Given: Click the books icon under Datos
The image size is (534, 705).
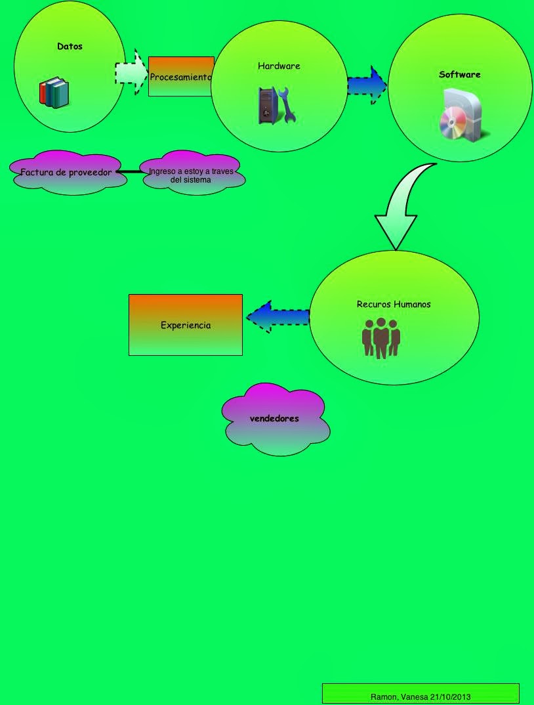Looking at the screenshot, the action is click(54, 93).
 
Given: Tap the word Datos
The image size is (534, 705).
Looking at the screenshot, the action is click(70, 47).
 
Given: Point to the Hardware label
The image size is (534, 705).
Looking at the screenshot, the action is click(279, 66).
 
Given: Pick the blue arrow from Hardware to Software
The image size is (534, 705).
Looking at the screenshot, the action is click(367, 85).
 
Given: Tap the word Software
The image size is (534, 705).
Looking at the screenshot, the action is click(459, 75).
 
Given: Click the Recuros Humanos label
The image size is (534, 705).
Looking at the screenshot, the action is click(394, 305).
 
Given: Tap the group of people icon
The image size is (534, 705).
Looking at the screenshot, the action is click(381, 337).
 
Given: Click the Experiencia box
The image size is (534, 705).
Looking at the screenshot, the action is click(186, 325).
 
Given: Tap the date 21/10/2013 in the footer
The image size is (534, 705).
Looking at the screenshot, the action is click(451, 696).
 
